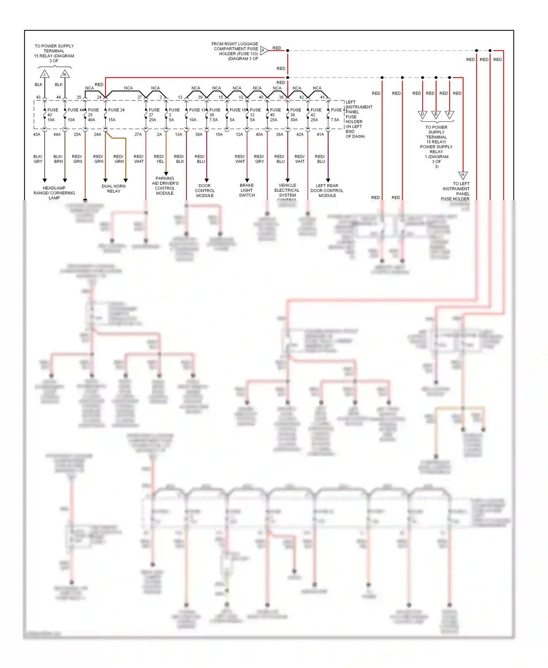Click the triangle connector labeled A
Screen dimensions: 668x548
click(x=264, y=50)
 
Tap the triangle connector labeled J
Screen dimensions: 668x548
click(x=45, y=74)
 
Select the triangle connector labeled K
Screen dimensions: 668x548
click(x=65, y=74)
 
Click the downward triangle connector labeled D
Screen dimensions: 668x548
click(x=422, y=115)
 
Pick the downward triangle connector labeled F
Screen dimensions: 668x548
click(x=449, y=115)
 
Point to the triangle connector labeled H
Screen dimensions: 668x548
click(x=463, y=175)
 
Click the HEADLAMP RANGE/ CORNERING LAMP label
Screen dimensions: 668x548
click(x=54, y=193)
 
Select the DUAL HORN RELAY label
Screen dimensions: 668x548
click(x=114, y=189)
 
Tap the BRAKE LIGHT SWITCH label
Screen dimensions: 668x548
click(x=247, y=190)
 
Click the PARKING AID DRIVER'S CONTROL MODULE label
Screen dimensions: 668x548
click(x=165, y=186)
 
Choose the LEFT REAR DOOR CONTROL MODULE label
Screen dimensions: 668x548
click(x=327, y=190)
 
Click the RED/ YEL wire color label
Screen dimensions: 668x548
click(x=159, y=159)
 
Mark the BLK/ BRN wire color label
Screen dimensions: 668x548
click(x=58, y=159)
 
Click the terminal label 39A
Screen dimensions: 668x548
click(x=198, y=134)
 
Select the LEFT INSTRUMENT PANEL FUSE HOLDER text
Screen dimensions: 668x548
click(x=358, y=119)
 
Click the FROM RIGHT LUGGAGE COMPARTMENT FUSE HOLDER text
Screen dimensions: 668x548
click(x=235, y=51)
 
